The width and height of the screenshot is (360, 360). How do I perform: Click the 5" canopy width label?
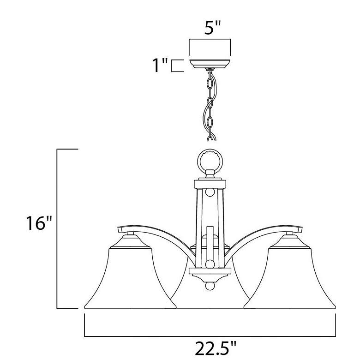[212, 28]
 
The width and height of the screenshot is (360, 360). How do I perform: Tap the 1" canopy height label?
[160, 65]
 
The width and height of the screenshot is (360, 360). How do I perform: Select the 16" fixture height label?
[39, 223]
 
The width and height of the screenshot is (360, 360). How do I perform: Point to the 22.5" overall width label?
[216, 348]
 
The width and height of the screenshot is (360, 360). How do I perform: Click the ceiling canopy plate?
[210, 64]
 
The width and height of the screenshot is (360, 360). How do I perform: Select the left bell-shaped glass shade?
[130, 278]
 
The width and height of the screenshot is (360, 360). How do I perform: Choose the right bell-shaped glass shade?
[289, 278]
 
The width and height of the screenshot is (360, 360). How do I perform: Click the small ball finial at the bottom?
[210, 286]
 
